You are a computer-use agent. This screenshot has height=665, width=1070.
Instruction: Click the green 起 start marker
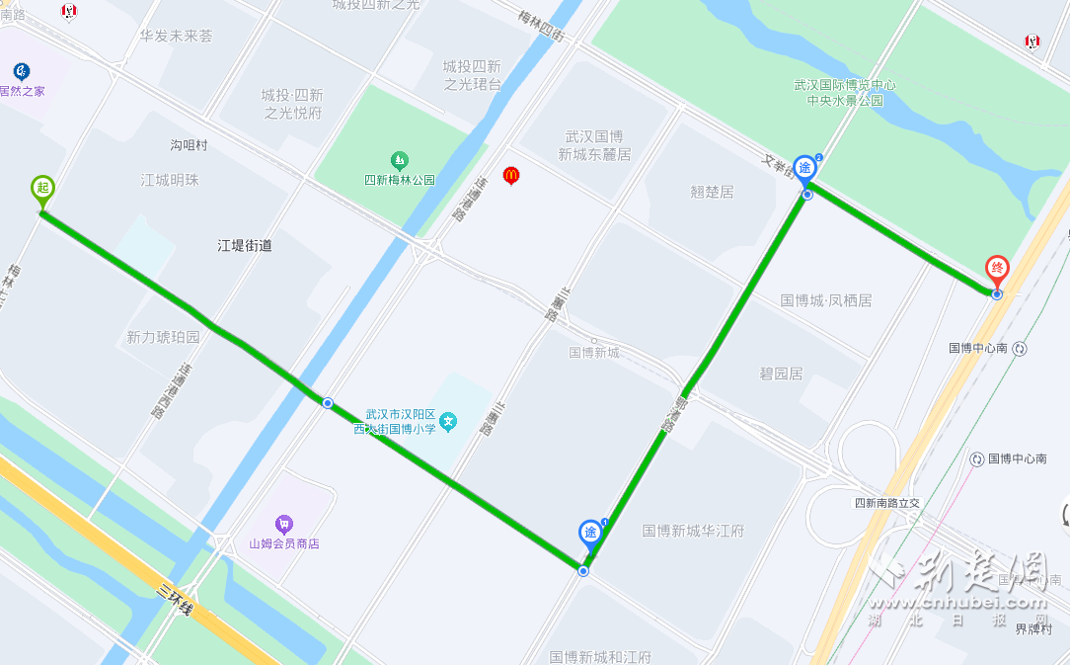point(41,188)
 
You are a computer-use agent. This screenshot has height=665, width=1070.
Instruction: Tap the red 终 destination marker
point(997,269)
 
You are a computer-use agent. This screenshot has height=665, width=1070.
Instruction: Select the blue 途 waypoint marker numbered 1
point(590,534)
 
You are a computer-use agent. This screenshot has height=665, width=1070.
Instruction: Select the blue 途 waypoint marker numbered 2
point(806,169)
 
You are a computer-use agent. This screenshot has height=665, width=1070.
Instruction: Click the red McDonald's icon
point(510,175)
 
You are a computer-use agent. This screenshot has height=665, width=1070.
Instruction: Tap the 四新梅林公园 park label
point(399,181)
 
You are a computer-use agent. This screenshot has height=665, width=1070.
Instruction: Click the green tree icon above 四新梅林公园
point(399,159)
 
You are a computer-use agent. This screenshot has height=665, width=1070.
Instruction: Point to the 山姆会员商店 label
point(284,543)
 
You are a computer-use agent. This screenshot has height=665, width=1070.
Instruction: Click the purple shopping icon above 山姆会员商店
point(284,524)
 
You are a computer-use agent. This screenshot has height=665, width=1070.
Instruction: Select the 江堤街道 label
point(245,245)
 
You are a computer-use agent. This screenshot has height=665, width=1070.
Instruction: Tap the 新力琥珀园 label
point(163,337)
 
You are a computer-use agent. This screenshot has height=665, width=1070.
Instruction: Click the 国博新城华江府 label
point(693,531)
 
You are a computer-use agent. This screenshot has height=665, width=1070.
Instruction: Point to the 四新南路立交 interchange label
point(886,503)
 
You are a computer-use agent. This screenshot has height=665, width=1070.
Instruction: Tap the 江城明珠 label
point(170,180)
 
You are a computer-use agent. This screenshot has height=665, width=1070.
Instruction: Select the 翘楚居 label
point(712,192)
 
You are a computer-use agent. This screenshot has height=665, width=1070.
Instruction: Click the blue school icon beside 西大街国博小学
point(448,422)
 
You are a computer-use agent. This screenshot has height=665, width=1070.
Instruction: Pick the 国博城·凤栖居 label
point(826,299)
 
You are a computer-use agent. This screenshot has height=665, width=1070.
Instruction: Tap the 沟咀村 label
point(189,145)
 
